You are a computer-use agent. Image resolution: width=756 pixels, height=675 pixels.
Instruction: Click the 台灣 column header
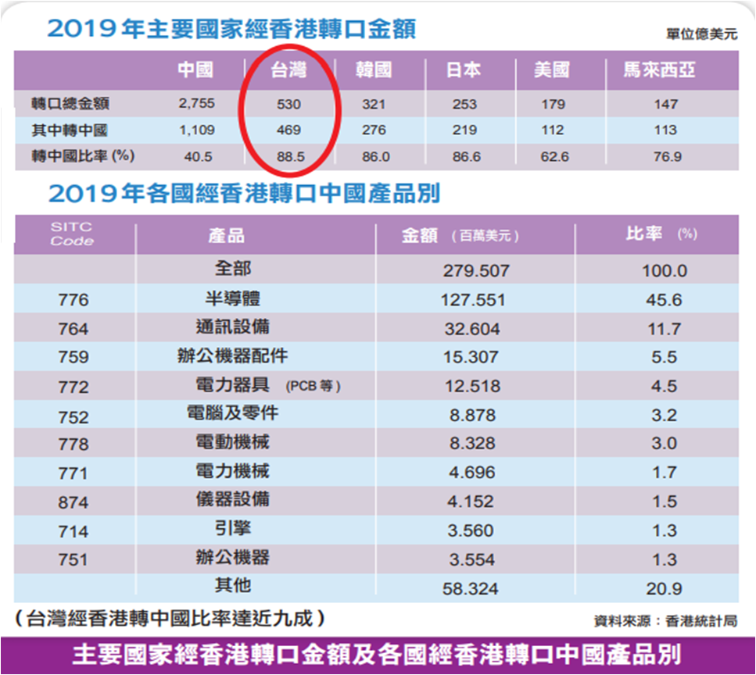[x=288, y=72]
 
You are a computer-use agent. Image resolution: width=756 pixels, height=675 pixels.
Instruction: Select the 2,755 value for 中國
[x=195, y=104]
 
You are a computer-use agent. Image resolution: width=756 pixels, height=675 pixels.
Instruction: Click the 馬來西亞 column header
[x=658, y=72]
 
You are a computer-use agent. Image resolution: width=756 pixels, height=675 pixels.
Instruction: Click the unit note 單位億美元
[x=702, y=34]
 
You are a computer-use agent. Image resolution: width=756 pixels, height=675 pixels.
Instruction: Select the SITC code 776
[x=73, y=300]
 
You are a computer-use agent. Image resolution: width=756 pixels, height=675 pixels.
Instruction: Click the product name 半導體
[x=232, y=298]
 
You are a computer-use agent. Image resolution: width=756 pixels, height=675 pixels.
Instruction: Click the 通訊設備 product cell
[x=232, y=327]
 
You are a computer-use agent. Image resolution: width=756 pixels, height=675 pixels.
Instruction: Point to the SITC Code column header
[x=72, y=234]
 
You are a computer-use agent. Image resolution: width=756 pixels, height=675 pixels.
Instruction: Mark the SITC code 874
[x=73, y=502]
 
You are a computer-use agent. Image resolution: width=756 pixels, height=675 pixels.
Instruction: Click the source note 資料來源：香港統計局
[x=665, y=622]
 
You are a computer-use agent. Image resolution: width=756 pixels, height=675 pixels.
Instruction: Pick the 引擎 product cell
[x=232, y=529]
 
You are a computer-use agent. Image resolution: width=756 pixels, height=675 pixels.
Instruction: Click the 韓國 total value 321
[x=374, y=104]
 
